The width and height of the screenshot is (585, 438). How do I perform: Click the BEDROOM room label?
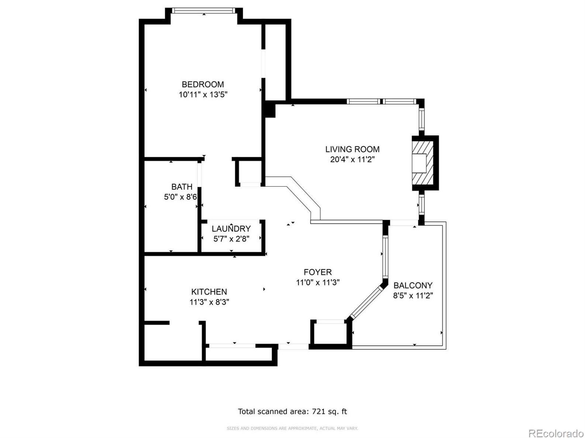point(202,84)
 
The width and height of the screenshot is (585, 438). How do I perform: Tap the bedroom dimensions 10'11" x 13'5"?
point(203,95)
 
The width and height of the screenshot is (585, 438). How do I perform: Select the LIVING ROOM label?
point(352,149)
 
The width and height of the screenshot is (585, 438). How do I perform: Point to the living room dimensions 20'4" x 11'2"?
point(352,160)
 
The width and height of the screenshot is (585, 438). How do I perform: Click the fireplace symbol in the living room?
point(422,163)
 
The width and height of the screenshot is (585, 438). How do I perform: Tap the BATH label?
point(181,187)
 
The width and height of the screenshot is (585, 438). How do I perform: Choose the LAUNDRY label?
point(231,229)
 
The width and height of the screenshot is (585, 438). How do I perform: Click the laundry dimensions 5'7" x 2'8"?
point(231,239)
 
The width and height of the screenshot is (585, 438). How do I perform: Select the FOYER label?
point(318,272)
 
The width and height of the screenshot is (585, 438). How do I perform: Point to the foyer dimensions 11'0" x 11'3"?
point(318,283)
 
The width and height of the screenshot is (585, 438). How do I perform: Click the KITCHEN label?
point(209,292)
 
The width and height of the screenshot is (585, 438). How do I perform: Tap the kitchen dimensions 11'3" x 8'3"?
point(209,302)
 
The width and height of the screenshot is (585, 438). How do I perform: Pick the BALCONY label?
point(413,285)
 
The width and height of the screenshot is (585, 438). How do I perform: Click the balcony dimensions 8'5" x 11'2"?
point(413,295)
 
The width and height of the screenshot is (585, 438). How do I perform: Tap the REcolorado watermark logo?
point(556,432)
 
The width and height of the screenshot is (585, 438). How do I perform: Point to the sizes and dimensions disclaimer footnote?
point(292,428)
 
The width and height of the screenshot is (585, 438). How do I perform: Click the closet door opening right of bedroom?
point(263,63)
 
